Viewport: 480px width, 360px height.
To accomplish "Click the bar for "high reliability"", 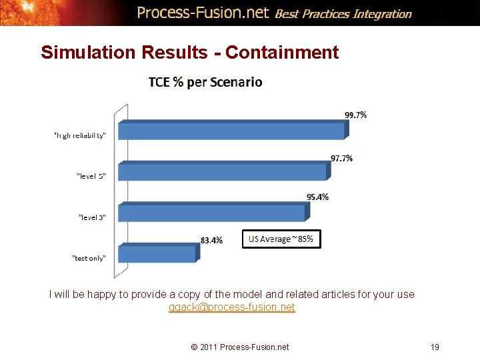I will pyautogui.click(x=232, y=131).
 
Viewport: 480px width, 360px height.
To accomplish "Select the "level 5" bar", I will pyautogui.click(x=223, y=172).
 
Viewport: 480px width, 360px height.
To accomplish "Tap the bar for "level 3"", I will pyautogui.click(x=212, y=213).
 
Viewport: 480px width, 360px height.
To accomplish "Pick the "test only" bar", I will pyautogui.click(x=157, y=254).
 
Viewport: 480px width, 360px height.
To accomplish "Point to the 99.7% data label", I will pyautogui.click(x=355, y=115).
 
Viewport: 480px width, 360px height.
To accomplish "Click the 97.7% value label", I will pyautogui.click(x=342, y=158).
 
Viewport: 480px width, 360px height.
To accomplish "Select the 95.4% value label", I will pyautogui.click(x=317, y=197).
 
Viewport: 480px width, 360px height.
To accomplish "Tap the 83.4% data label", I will pyautogui.click(x=211, y=240).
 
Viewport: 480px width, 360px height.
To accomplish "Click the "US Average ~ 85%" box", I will pyautogui.click(x=281, y=239).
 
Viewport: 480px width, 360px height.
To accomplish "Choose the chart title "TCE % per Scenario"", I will pyautogui.click(x=205, y=83).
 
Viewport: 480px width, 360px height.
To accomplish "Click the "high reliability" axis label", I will pyautogui.click(x=79, y=135).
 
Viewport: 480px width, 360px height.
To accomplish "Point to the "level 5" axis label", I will pyautogui.click(x=92, y=176).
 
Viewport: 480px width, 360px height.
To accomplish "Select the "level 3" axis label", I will pyautogui.click(x=92, y=217).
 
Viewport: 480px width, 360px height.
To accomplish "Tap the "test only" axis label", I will pyautogui.click(x=89, y=258).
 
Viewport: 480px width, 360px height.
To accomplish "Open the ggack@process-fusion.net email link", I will pyautogui.click(x=231, y=307).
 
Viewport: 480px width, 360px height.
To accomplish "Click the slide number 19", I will pyautogui.click(x=435, y=347).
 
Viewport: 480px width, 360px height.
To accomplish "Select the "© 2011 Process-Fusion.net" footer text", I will pyautogui.click(x=240, y=347).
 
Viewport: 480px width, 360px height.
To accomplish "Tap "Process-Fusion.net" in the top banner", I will pyautogui.click(x=203, y=12).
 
